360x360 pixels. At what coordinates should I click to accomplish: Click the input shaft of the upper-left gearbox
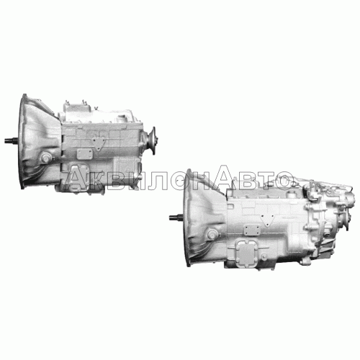coord(12,140)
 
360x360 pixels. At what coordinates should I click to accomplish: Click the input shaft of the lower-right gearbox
coord(176,217)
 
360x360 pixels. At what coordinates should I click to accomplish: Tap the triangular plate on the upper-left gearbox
coord(99,143)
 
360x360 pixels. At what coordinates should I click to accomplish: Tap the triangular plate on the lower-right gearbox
coord(266,220)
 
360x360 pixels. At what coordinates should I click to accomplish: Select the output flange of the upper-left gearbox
coord(152,140)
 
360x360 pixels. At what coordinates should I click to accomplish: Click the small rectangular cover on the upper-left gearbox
coord(85,154)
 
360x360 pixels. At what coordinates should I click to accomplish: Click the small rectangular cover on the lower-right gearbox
coord(252,230)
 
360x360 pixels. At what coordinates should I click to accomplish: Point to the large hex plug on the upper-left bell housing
coord(45,158)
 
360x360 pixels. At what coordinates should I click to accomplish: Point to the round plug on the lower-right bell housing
coord(212,234)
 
